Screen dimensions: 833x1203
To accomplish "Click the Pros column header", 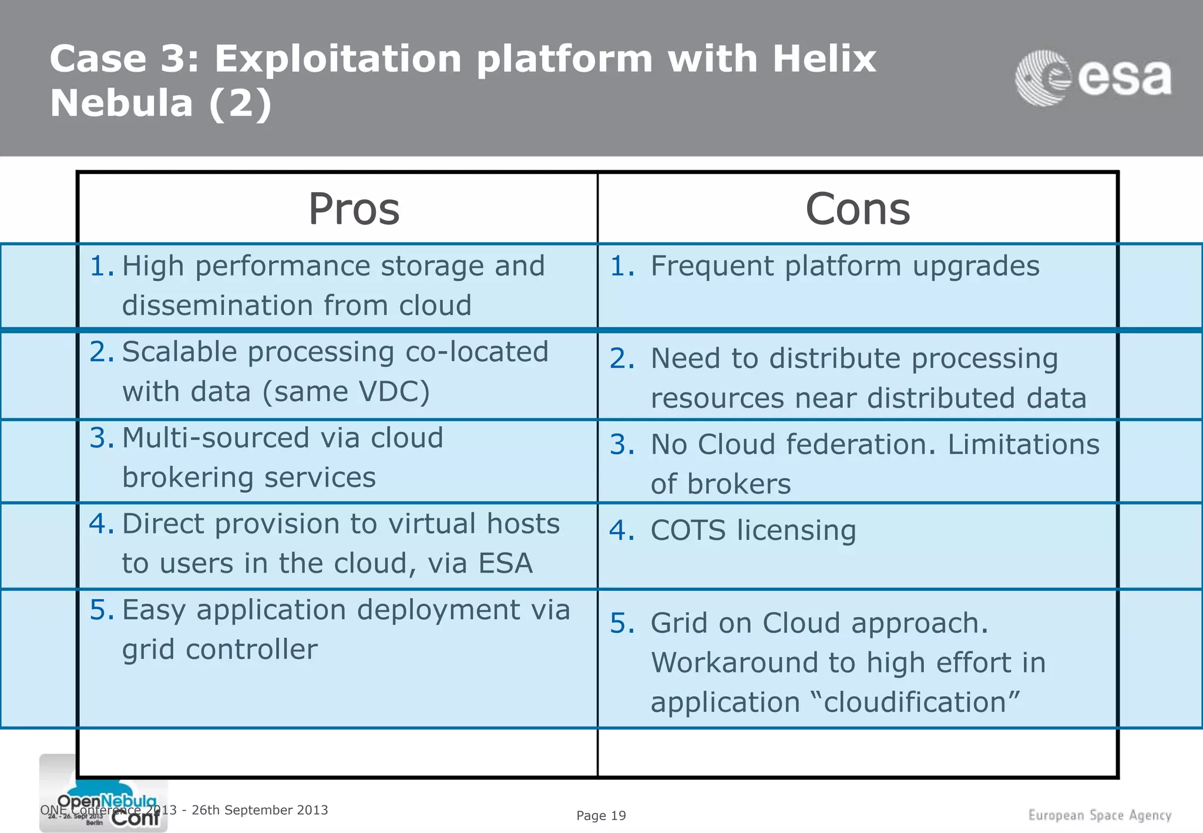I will [354, 209].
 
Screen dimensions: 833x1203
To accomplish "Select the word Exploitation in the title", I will [338, 60].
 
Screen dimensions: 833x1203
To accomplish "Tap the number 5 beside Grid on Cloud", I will [621, 623].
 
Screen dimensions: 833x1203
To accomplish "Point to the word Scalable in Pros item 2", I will [180, 352].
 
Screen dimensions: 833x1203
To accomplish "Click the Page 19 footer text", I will [600, 816].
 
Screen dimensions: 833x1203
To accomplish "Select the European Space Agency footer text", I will [1099, 815].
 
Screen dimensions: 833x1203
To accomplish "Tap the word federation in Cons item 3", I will [816, 445].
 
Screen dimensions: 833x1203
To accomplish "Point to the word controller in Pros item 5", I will [251, 650].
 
